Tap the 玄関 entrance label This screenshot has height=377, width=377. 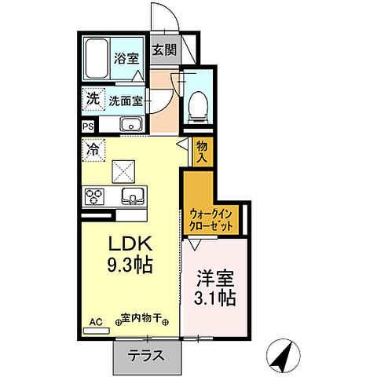[x=164, y=50]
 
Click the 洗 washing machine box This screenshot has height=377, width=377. [x=93, y=100]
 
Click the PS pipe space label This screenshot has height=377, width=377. [x=86, y=125]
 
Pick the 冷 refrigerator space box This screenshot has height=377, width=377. [x=93, y=147]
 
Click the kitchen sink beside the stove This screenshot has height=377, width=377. [x=130, y=196]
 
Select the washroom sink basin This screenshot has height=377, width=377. [x=130, y=124]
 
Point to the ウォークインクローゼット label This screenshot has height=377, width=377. [x=211, y=219]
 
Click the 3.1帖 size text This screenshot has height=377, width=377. [x=214, y=298]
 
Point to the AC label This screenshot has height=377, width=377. [x=96, y=321]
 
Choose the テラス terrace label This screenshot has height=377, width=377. [x=147, y=356]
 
